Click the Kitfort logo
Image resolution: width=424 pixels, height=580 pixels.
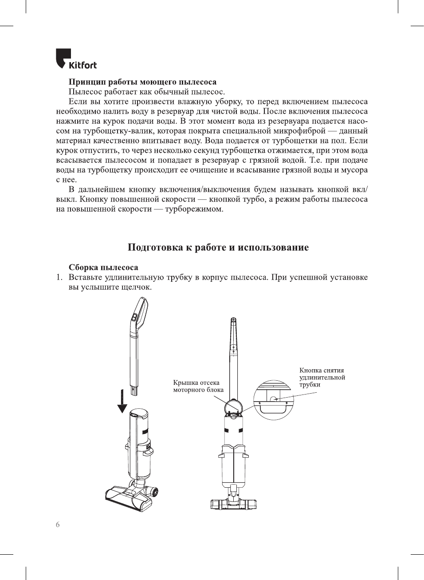[76, 59]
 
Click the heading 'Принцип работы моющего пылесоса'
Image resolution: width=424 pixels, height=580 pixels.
[142, 82]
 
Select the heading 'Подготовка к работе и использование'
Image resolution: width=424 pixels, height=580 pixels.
[218, 248]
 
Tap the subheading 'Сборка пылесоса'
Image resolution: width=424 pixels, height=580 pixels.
[103, 268]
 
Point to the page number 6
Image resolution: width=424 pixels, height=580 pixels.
[58, 525]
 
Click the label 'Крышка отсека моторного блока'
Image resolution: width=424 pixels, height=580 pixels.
[198, 386]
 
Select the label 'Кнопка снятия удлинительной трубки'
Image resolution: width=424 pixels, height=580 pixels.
[322, 377]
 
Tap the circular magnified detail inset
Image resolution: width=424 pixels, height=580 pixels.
[274, 399]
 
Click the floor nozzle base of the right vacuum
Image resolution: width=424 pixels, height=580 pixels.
[234, 504]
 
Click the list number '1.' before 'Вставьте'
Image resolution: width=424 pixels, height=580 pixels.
[59, 277]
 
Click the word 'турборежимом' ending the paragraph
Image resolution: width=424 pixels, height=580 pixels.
[194, 209]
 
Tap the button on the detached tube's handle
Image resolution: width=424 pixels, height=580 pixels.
[133, 317]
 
